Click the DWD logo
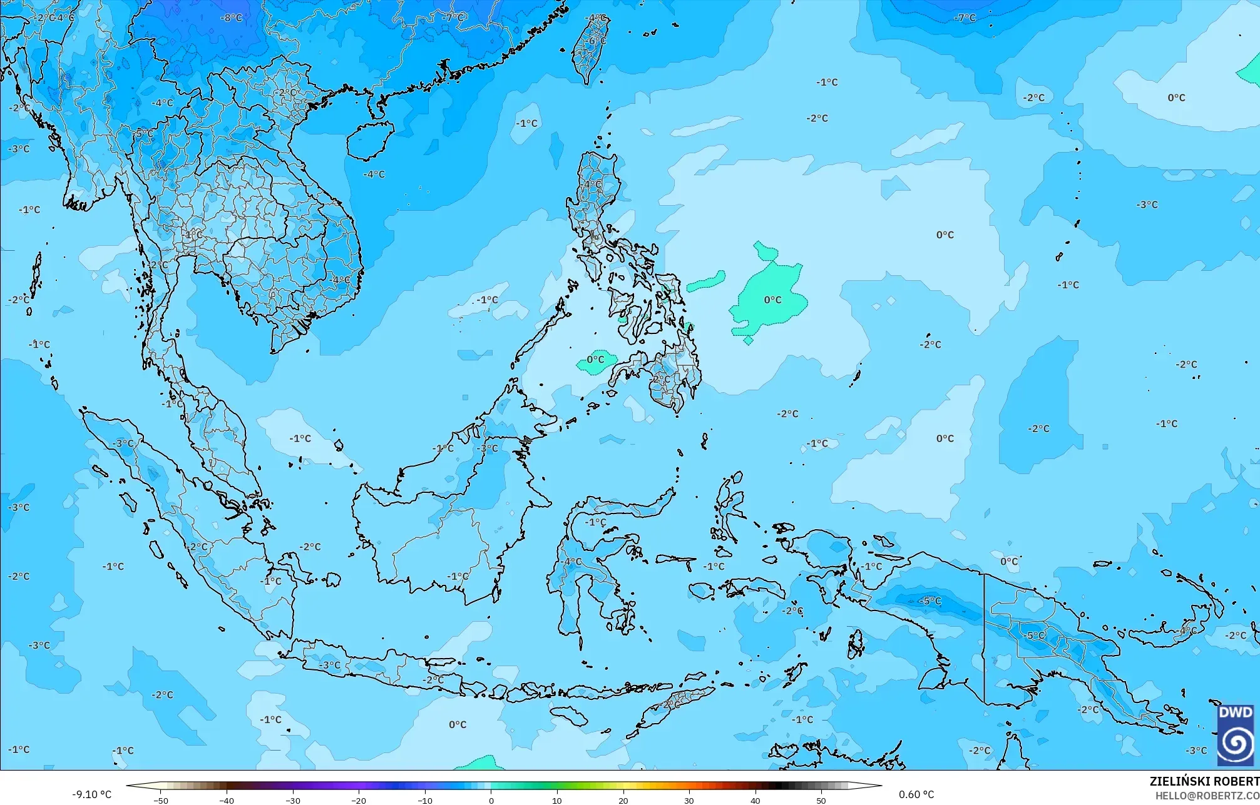[1236, 734]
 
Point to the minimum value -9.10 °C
[91, 794]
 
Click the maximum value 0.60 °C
[916, 794]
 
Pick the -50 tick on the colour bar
[161, 800]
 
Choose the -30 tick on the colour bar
[293, 800]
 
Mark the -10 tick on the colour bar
[425, 800]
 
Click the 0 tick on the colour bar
[491, 800]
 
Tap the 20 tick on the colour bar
[623, 800]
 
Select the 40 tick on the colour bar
[755, 800]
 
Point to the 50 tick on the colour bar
[821, 800]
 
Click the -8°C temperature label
[231, 18]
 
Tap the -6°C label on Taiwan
[597, 41]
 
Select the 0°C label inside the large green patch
[772, 300]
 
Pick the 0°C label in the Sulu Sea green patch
[595, 360]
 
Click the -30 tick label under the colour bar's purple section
[293, 800]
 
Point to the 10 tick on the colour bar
[557, 800]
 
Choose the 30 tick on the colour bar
[689, 800]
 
